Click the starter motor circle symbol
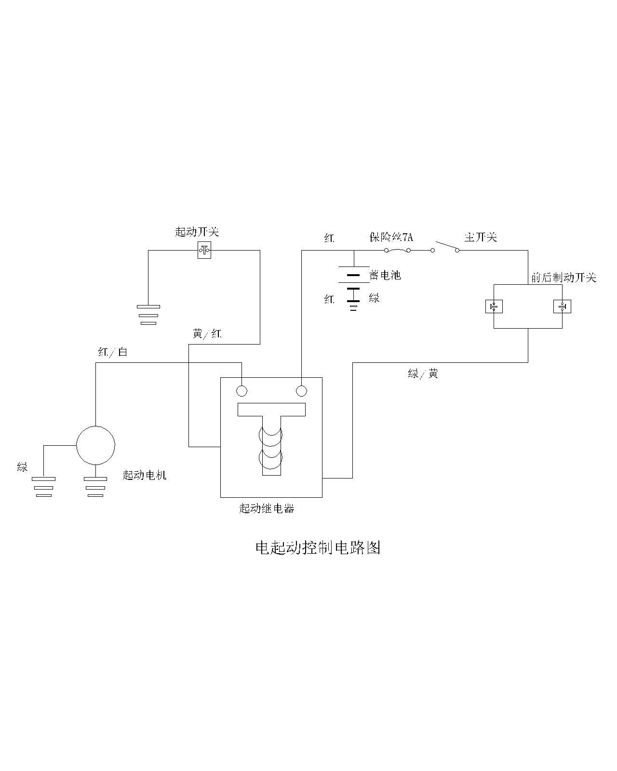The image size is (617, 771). coord(95,446)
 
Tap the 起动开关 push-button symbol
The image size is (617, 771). coord(204,250)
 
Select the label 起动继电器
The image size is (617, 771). coord(267,508)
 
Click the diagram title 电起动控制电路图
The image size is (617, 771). coord(318,547)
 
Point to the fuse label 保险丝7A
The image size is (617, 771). coord(391,237)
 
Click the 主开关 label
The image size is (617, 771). coord(480,237)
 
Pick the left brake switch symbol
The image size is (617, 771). coord(494,306)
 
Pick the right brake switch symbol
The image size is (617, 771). coord(563,306)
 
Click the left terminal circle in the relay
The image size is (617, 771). coord(241,391)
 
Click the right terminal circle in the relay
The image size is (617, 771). coord(301,391)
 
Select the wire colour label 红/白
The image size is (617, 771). coord(112,352)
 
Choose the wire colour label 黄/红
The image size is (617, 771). coord(207,333)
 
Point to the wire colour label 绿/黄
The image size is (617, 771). coord(423,373)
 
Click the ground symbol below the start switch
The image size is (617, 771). coord(148,314)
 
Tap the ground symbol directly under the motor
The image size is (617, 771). coord(95,487)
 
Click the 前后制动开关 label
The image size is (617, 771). coord(563,278)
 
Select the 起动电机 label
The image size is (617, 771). coord(145,475)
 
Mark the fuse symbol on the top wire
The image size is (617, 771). coord(397,250)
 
